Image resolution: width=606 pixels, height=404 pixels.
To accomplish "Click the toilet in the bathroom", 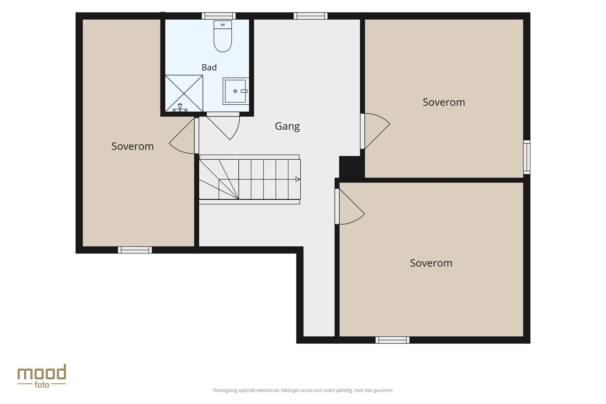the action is click(x=223, y=36).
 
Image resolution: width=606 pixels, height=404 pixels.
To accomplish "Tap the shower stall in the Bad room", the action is click(x=184, y=93).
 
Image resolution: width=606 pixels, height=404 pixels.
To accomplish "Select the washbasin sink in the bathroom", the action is click(x=236, y=91).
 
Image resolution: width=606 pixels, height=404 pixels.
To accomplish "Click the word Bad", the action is click(x=209, y=67).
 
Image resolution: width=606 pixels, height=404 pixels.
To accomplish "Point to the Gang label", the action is click(x=287, y=126).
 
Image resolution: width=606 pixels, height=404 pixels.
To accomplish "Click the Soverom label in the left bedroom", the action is click(x=132, y=146).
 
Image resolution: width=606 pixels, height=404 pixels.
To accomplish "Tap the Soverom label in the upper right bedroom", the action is click(x=444, y=102).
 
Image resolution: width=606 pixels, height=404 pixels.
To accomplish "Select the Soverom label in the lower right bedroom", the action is click(x=431, y=263).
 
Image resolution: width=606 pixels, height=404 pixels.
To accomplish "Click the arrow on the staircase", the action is click(x=298, y=179).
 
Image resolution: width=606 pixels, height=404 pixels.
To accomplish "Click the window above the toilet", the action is click(x=218, y=16).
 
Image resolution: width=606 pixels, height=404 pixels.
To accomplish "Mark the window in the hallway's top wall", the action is click(x=310, y=16).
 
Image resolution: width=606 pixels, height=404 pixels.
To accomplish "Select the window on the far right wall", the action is click(x=527, y=157).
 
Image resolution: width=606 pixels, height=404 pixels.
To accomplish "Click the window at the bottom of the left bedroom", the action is click(x=135, y=250).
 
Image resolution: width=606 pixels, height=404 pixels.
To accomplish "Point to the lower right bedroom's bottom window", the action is click(x=393, y=340).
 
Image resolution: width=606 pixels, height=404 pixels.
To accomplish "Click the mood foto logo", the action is click(x=42, y=376).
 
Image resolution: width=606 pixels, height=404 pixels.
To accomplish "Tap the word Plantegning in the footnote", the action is click(x=225, y=391).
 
